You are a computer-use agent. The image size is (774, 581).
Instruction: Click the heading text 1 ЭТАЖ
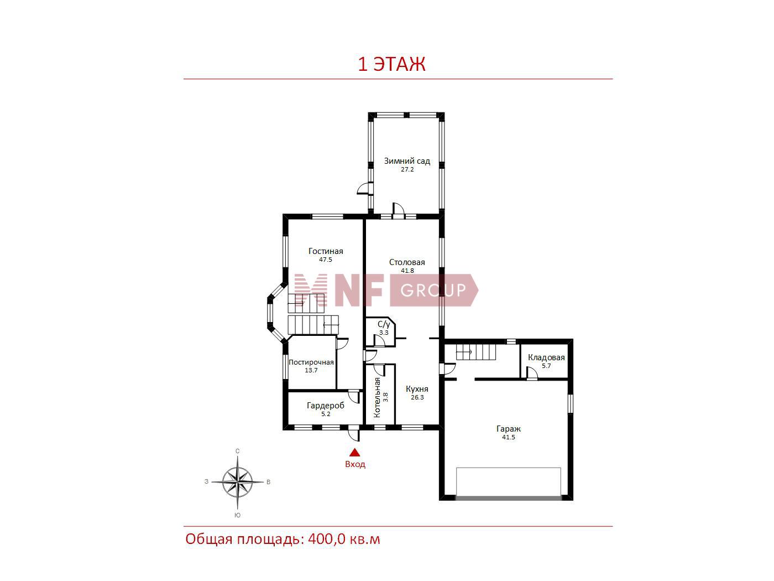click(391, 64)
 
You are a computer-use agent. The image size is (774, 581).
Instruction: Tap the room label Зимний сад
click(407, 161)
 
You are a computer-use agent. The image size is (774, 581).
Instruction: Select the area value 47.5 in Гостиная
click(326, 260)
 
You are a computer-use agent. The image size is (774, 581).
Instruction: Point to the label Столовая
click(407, 262)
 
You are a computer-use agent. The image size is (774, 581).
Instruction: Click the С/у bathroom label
click(384, 324)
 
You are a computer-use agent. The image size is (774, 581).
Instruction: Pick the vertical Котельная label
click(376, 397)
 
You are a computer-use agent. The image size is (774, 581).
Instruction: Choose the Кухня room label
click(417, 389)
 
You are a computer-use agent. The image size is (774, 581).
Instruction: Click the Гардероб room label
click(326, 406)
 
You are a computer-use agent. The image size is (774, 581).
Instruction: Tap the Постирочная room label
click(311, 362)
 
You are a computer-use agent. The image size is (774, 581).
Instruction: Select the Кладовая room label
click(546, 357)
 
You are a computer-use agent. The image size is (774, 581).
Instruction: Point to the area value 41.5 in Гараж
click(509, 437)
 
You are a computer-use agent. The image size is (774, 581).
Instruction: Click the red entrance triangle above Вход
click(355, 453)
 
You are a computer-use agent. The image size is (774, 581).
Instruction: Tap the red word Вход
click(355, 464)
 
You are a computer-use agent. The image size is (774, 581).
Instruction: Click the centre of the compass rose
click(238, 482)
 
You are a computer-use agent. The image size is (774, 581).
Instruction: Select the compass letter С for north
click(238, 451)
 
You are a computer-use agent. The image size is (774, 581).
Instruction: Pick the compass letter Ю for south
click(238, 515)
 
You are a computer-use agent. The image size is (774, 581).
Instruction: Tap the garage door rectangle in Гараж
click(509, 483)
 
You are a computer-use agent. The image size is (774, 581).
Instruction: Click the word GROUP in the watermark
click(433, 290)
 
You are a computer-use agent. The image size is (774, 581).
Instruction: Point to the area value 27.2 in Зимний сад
click(407, 169)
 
